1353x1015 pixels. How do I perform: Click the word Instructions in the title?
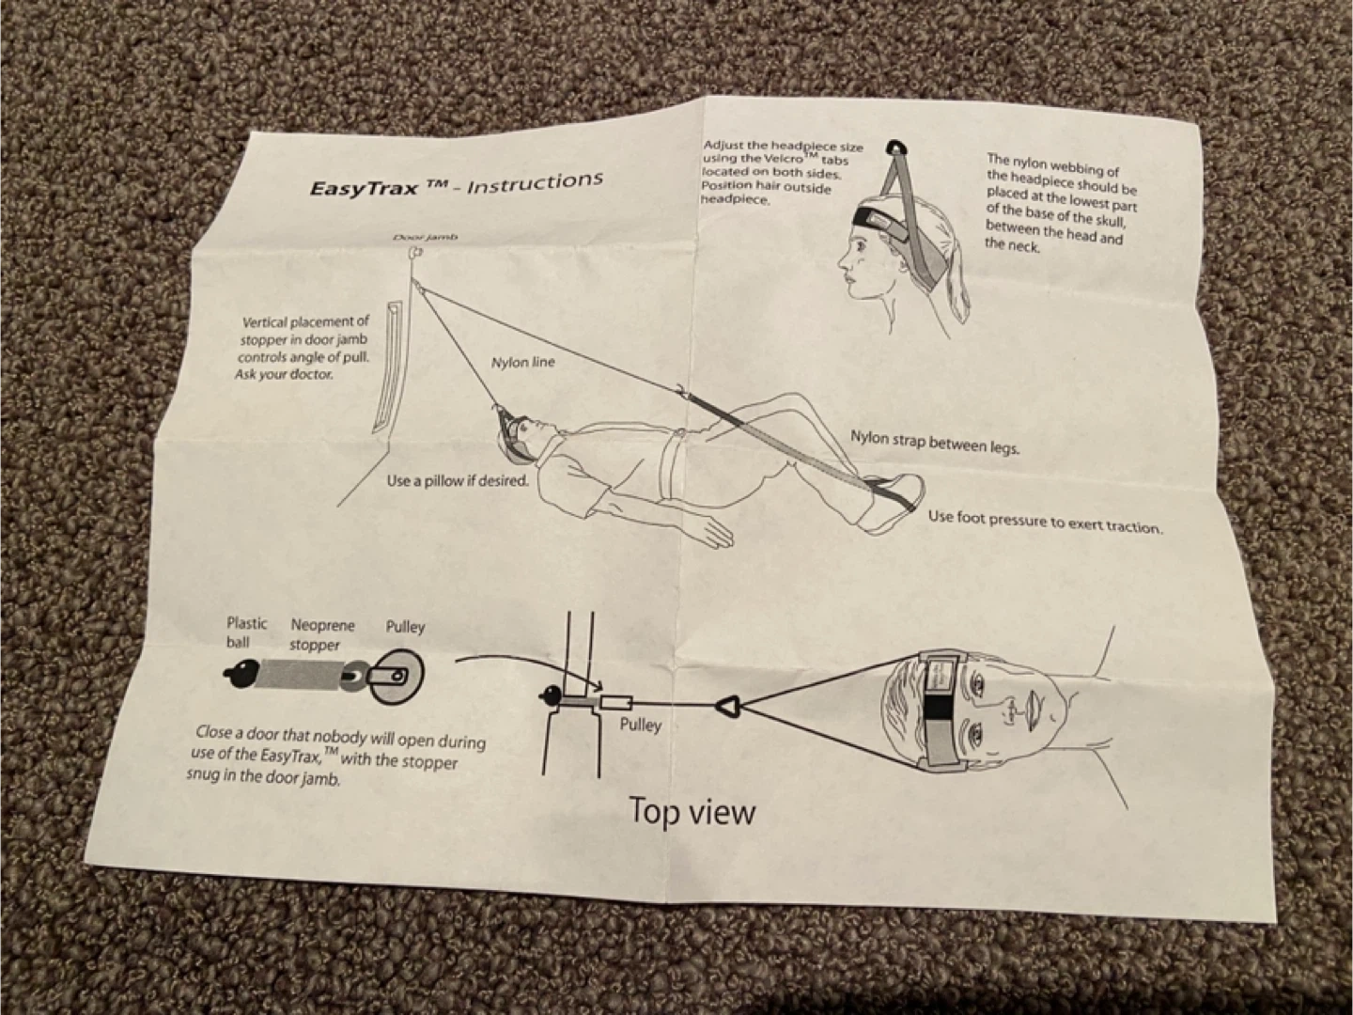(x=535, y=181)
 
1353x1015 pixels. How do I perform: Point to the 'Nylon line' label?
(x=522, y=362)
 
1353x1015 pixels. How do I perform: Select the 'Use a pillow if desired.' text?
(x=458, y=481)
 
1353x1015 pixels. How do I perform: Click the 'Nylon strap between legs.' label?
(x=934, y=442)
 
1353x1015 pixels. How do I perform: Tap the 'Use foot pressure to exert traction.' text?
(x=1044, y=521)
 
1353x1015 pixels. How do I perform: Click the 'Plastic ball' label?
(x=246, y=632)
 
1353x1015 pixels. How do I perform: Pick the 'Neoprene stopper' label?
(x=322, y=634)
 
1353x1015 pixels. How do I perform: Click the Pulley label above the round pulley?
(x=405, y=627)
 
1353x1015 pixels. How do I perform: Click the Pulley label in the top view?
(x=640, y=725)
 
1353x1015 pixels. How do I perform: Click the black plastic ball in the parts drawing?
(x=243, y=675)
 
